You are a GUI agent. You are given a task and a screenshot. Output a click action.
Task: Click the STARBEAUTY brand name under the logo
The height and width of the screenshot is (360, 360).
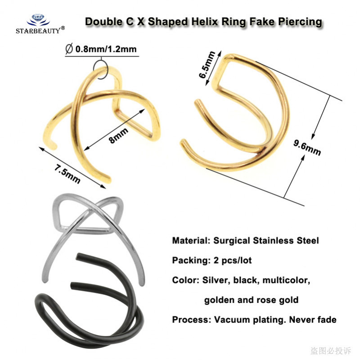point(38,31)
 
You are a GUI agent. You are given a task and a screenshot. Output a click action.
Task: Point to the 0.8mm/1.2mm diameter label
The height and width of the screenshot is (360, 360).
point(106,49)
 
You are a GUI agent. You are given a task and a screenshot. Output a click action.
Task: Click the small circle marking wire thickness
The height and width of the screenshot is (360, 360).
point(100,70)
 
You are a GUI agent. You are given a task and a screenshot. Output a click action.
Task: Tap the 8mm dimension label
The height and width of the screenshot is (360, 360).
point(118,135)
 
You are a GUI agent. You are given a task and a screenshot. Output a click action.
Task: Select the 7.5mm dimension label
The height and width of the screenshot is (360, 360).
point(67,174)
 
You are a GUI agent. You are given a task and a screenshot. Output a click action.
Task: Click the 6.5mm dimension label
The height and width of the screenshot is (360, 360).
point(207,65)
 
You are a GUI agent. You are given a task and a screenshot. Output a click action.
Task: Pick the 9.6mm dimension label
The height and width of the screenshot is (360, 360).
point(307,148)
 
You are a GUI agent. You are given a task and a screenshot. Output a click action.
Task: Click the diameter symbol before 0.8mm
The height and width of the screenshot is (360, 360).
point(69,49)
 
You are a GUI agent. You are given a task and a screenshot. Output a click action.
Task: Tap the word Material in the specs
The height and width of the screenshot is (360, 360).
point(191,241)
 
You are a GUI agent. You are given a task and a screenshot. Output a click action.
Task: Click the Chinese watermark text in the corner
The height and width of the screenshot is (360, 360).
point(331,351)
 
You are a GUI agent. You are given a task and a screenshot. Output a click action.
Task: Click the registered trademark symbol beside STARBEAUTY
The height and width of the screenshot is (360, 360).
point(63,28)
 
